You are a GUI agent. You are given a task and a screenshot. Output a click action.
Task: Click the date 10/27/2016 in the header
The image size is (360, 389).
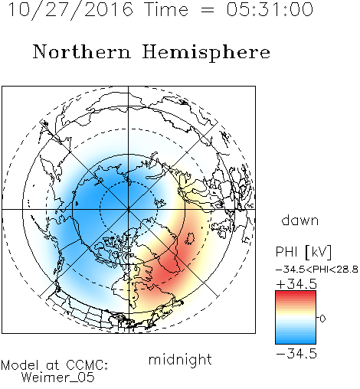click(x=70, y=10)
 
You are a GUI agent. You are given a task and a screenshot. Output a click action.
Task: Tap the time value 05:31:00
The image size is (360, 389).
click(x=270, y=9)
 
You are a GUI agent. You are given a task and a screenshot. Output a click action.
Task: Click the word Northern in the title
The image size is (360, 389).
click(x=82, y=51)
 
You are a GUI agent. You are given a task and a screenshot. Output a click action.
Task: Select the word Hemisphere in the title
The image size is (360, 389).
click(x=206, y=53)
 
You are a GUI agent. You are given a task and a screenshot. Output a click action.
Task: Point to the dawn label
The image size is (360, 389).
click(x=300, y=220)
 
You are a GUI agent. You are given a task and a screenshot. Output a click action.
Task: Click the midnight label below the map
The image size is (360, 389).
click(x=180, y=359)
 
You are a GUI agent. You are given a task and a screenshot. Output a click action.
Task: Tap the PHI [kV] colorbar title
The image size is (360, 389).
click(x=303, y=252)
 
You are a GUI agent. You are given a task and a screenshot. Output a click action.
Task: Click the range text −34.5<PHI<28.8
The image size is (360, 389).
click(x=317, y=270)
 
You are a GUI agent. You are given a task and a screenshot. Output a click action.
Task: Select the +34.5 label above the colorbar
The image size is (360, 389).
click(x=296, y=284)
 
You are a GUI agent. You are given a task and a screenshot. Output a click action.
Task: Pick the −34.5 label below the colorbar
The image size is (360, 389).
click(x=296, y=354)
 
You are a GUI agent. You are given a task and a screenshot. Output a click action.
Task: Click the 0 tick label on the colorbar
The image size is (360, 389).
click(x=322, y=319)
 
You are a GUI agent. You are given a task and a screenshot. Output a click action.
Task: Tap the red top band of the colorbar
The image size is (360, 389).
click(x=296, y=294)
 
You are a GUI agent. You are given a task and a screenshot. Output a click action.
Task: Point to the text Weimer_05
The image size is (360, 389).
click(x=58, y=378)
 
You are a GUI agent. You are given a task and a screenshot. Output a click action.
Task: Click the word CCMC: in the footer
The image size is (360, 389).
click(x=87, y=365)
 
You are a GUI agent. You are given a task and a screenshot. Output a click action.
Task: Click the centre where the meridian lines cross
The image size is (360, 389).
click(x=129, y=210)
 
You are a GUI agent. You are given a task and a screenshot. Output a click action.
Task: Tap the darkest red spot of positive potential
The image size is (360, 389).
click(x=167, y=271)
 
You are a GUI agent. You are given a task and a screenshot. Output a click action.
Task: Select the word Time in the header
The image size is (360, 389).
click(x=166, y=9)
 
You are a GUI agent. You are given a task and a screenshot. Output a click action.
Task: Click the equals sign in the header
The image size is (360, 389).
click(x=208, y=11)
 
